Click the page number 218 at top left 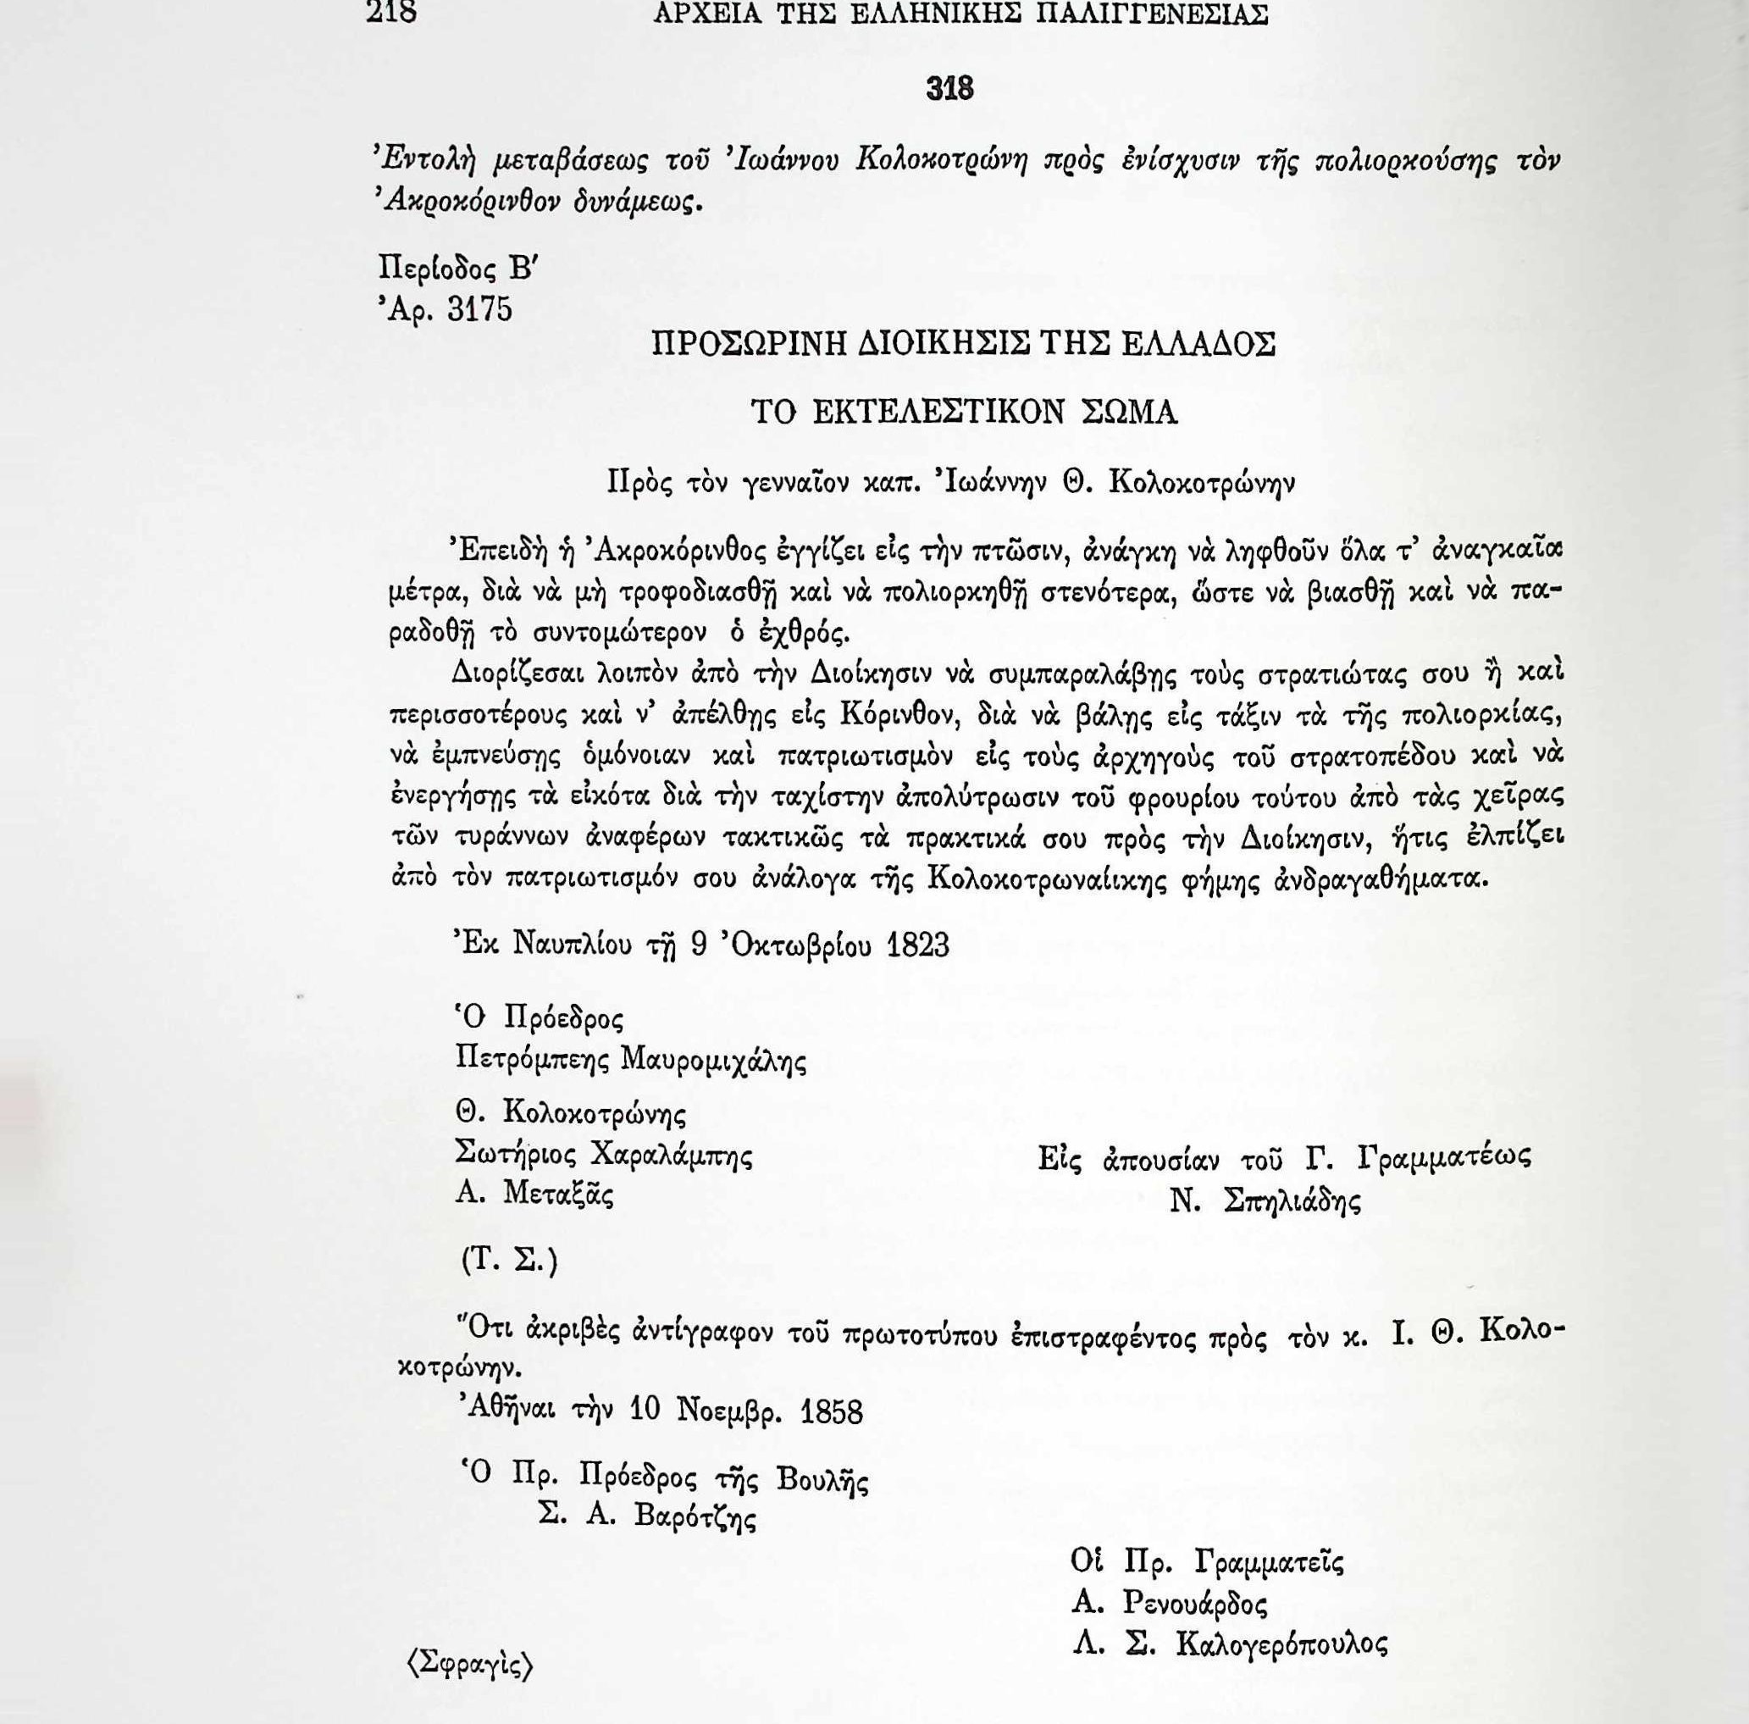click(391, 14)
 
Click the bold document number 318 click(949, 89)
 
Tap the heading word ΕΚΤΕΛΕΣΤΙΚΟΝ click(938, 412)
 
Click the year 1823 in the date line click(919, 945)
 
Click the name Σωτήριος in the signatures click(516, 1155)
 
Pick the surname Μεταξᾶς click(557, 1195)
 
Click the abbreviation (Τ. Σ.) click(510, 1261)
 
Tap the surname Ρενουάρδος click(1194, 1604)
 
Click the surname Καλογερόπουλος click(1280, 1644)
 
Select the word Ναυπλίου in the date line click(574, 945)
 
